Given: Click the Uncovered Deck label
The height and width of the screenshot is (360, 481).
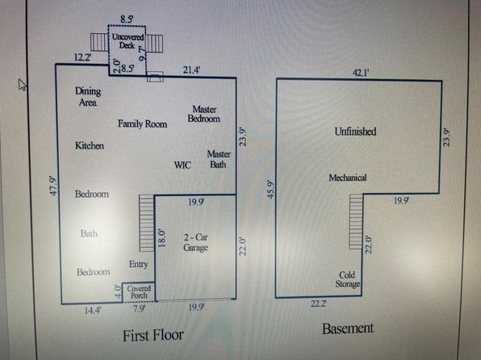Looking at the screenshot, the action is coord(128,41).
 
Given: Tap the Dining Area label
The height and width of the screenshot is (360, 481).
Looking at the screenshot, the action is coord(88,97).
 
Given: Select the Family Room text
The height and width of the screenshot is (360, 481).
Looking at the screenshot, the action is coord(142,123).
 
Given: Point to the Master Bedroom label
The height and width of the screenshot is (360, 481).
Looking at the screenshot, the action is coord(204,114).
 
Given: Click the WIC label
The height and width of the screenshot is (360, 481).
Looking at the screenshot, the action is coord(182,165).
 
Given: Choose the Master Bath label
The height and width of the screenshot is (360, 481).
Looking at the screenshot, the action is coord(219,159).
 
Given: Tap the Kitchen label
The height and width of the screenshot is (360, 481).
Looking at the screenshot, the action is coord(90,145).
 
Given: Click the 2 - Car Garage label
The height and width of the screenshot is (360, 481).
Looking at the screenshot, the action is coord(196,242).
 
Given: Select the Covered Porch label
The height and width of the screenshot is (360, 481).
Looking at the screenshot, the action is coord(139,292).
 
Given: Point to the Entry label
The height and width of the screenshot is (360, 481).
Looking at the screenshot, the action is coord(139,264).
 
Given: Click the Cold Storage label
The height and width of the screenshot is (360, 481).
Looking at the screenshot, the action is coord(348,279).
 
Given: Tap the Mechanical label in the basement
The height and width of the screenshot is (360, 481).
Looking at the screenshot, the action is coord(348,178).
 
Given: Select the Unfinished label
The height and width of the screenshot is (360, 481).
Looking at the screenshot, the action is coord(355,132).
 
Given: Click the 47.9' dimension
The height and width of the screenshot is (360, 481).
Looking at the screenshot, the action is coord(53,186).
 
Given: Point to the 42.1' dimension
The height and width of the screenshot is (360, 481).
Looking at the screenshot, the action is coord(361,73).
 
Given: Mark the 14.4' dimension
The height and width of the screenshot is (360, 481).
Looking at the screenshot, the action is coord(92,311).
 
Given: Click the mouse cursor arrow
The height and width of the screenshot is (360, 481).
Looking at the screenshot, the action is coord(23,85).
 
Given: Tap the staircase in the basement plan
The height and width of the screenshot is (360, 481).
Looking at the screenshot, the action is coord(356,221).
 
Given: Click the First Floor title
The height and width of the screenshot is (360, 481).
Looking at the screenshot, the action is coord(153,336).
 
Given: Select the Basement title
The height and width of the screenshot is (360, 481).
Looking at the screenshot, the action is coord(348,329).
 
